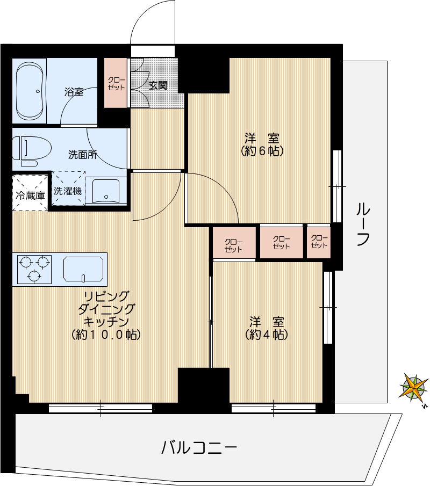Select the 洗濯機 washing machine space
[68, 189]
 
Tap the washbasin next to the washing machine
[105, 191]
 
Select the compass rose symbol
[414, 387]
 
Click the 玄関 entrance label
[158, 85]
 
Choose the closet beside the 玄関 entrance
[116, 83]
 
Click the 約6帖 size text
[262, 151]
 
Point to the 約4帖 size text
[267, 335]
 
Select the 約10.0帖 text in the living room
[106, 335]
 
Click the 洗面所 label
[82, 155]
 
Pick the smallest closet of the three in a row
[319, 242]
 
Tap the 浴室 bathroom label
[74, 92]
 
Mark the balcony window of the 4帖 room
[273, 409]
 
